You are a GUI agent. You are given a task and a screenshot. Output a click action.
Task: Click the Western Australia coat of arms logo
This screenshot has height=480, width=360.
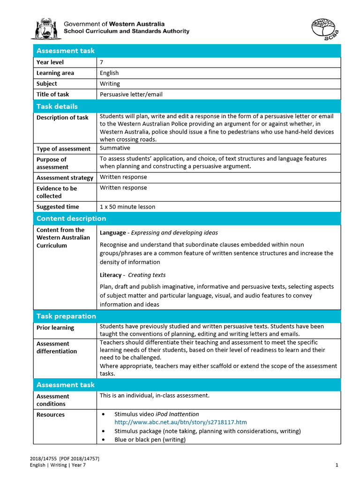click(x=46, y=29)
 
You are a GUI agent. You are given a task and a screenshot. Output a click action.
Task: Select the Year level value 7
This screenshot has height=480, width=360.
click(x=101, y=62)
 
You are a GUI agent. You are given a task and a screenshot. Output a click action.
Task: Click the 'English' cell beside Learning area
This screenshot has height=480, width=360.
click(x=109, y=73)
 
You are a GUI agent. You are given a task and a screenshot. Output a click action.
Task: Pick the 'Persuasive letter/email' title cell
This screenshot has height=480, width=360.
click(x=131, y=95)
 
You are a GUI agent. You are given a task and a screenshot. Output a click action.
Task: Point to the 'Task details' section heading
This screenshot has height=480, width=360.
click(x=57, y=106)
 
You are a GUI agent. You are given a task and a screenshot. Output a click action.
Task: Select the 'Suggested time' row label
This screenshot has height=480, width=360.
click(x=58, y=207)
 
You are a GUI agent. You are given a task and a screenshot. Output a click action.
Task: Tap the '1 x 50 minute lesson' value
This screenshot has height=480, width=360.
click(x=127, y=207)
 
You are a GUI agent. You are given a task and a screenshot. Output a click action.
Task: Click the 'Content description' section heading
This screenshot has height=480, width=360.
click(x=71, y=218)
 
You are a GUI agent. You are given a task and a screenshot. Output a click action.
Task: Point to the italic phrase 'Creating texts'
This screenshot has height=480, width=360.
click(x=147, y=275)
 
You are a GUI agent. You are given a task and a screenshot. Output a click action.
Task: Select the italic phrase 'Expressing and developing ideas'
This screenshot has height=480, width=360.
click(x=174, y=232)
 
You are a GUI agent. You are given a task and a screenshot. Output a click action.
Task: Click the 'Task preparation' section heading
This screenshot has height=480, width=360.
click(x=66, y=316)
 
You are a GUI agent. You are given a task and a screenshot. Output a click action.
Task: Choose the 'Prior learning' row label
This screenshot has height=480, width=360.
click(x=55, y=328)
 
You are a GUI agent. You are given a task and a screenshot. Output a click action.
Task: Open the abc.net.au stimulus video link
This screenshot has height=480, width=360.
click(x=180, y=422)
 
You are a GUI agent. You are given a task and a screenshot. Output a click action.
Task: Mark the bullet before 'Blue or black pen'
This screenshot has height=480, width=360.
click(x=103, y=440)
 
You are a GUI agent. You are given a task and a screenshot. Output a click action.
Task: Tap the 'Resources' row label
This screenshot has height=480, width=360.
click(x=51, y=415)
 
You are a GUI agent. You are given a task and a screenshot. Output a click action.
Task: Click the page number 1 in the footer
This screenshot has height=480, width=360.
click(x=337, y=465)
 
